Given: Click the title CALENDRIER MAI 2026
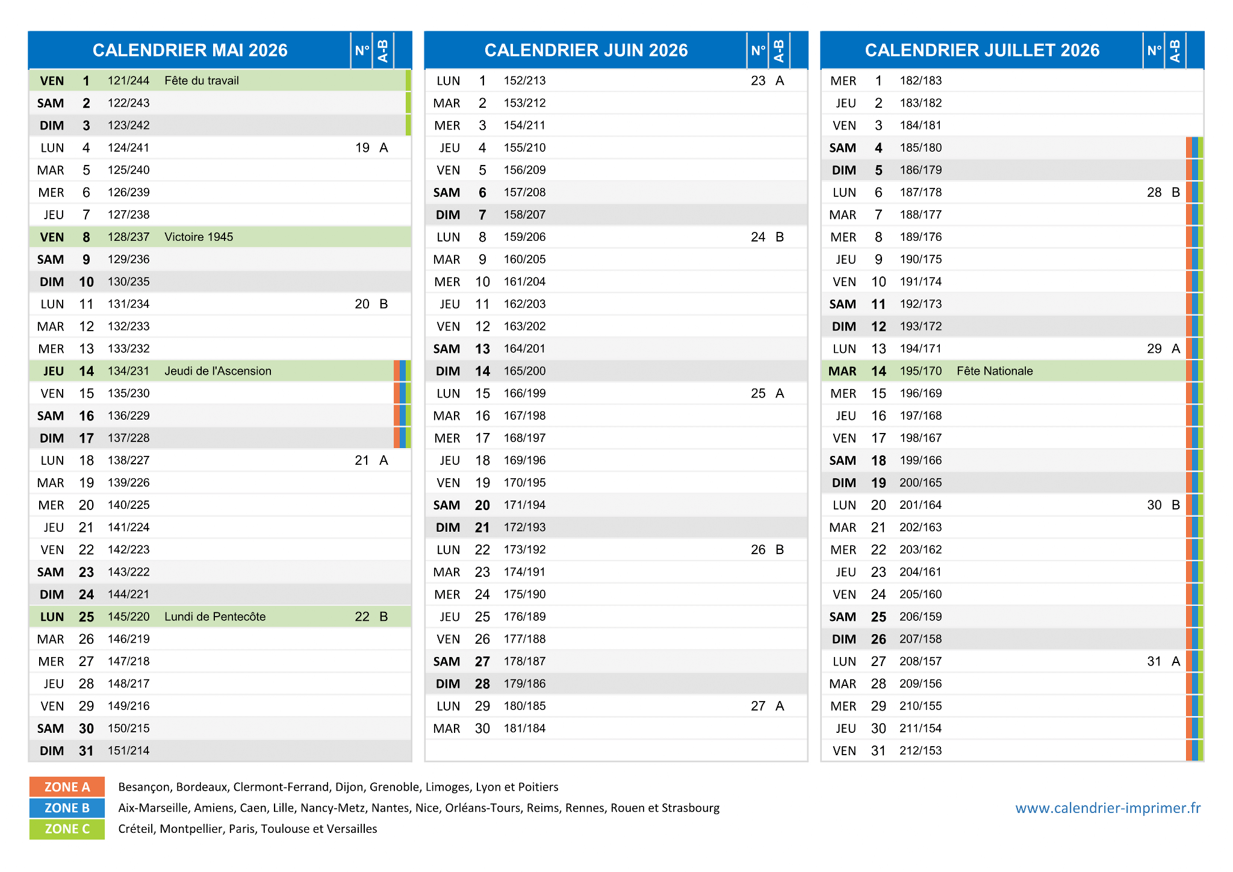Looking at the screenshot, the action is [x=190, y=50].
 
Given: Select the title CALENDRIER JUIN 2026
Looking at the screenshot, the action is [x=586, y=50].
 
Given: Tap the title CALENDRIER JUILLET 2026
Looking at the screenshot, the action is [x=982, y=50].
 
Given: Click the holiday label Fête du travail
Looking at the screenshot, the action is [x=202, y=81].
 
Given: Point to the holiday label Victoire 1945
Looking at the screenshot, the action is [x=199, y=237].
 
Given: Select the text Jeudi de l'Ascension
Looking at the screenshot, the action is [x=218, y=371].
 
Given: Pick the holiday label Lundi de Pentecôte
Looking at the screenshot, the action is [x=215, y=617].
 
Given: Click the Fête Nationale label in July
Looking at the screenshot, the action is [x=995, y=371].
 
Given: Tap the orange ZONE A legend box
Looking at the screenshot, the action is [x=67, y=787].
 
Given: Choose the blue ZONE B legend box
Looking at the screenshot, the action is [x=67, y=808].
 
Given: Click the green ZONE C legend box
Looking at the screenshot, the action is [x=67, y=829].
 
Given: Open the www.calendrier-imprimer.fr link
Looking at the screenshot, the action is [x=1108, y=808].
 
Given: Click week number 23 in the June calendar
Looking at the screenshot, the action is [x=758, y=81].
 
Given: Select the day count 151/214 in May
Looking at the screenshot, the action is [x=129, y=751].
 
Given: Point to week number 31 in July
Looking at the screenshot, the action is [x=1154, y=661].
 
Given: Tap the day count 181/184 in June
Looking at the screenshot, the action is [x=525, y=729].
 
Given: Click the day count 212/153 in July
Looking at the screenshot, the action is [x=921, y=751].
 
